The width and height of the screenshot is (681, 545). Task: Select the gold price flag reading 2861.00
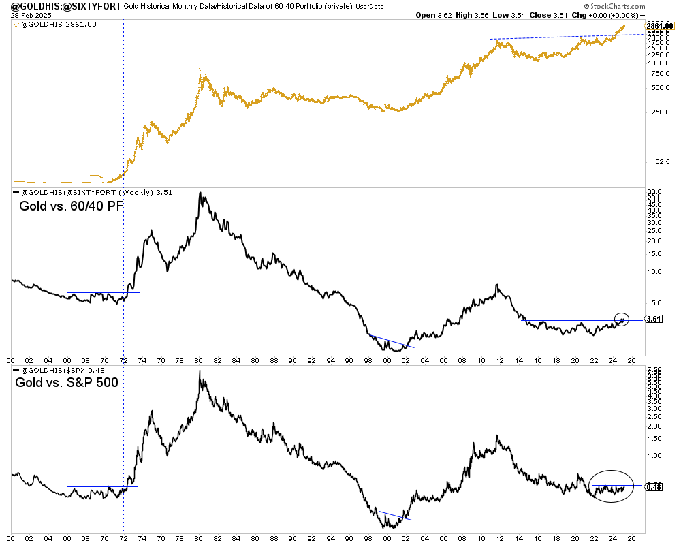click(x=659, y=25)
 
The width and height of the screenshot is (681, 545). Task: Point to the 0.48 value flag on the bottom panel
click(x=653, y=486)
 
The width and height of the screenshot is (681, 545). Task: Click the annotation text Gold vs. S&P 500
click(x=67, y=382)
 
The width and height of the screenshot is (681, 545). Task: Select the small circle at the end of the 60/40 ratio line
click(x=621, y=318)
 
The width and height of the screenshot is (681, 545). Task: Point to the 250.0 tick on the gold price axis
click(x=656, y=112)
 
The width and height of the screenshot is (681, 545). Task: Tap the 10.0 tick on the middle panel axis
click(x=654, y=271)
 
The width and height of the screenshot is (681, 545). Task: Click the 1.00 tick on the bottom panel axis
click(x=654, y=455)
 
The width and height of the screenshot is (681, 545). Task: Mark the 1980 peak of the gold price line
click(x=198, y=68)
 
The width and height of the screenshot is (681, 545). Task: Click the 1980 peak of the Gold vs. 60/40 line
click(x=200, y=193)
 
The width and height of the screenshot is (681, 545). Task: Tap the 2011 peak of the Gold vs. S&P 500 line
click(x=497, y=436)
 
